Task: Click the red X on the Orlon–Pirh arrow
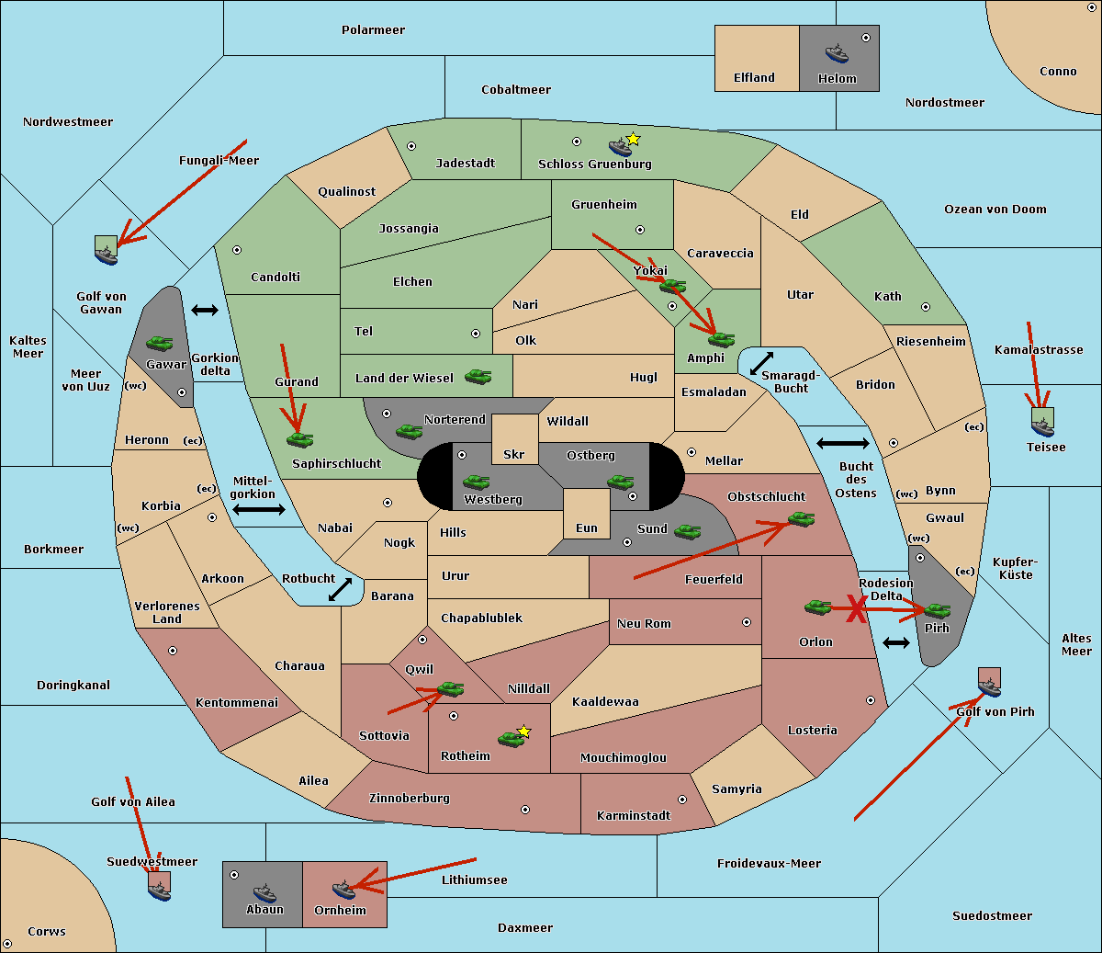coord(856,609)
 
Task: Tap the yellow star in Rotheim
coord(524,732)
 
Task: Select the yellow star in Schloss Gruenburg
coord(633,139)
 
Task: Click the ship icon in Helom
coord(837,52)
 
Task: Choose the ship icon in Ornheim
coord(343,889)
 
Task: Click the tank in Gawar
coord(160,343)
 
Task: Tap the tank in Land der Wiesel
coord(478,376)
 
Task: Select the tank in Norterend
coord(409,430)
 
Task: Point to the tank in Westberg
coord(476,482)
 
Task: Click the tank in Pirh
coord(937,610)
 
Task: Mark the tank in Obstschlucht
coord(802,519)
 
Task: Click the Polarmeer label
coord(373,30)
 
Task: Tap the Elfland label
coord(754,78)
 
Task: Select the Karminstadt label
coord(634,816)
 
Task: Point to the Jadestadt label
coord(465,164)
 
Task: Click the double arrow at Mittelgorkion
coord(259,510)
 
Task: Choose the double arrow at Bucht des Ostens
coord(842,444)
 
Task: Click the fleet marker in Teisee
coord(1042,422)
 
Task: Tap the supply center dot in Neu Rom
coord(747,622)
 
